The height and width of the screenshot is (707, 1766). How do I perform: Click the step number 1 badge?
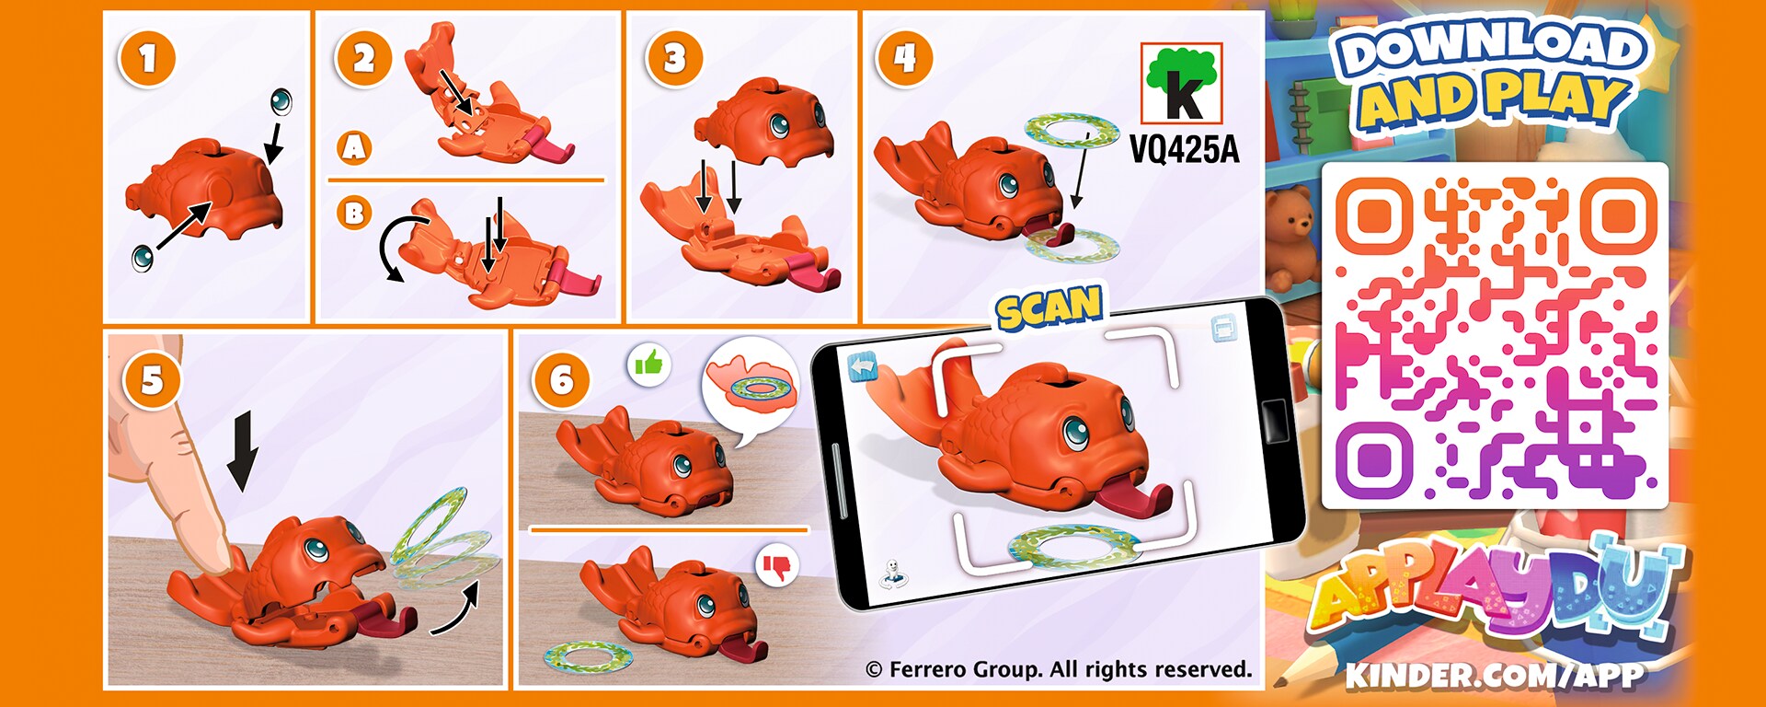pos(147,59)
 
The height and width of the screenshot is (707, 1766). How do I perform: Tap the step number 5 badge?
pos(152,379)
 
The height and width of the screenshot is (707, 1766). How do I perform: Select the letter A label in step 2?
pos(355,147)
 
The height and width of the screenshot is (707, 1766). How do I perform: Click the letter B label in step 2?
pos(354,214)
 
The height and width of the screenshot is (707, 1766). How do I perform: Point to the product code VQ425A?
pos(1184,148)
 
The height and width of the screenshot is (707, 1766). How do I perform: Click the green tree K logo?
pos(1181,83)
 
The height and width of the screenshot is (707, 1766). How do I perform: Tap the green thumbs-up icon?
pos(648,365)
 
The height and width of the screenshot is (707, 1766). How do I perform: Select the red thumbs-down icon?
pos(777,566)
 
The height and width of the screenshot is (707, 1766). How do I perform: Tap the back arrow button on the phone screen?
pos(863,366)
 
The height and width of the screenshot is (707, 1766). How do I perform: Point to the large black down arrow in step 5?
pos(243,452)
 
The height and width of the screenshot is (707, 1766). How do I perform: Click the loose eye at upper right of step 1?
pos(281,101)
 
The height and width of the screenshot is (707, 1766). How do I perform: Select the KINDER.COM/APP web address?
pos(1495,676)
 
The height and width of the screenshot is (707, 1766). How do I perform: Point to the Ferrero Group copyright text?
pos(1059,669)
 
